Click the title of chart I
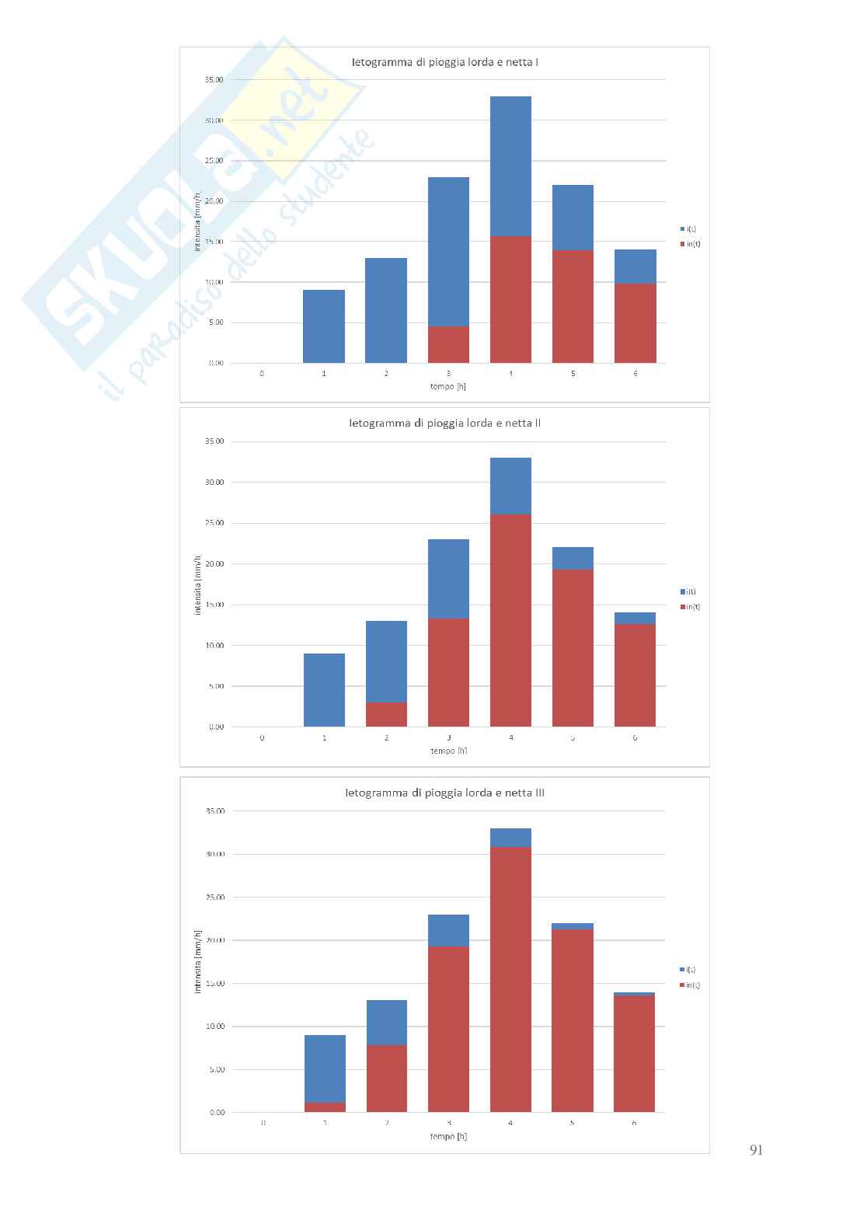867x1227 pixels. coord(444,61)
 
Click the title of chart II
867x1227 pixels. coord(444,424)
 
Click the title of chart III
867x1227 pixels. coord(444,793)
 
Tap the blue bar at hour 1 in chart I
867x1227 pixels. coord(324,326)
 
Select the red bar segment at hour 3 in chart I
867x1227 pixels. coord(448,345)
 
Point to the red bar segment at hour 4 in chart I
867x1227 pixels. coord(510,299)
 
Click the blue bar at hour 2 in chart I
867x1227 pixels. coord(386,311)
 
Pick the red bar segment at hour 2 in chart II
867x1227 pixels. coord(386,715)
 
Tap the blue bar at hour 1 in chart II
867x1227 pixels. coord(324,690)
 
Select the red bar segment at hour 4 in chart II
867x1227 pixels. coord(510,620)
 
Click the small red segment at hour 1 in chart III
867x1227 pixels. coord(325,1107)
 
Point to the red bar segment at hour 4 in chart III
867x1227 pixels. coord(510,979)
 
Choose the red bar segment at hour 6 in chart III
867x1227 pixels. coord(634,1054)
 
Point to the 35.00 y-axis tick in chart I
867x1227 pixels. coord(214,79)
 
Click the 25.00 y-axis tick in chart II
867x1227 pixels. coord(214,523)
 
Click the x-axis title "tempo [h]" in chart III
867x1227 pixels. coord(448,1136)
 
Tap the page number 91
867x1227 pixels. coord(756,1151)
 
